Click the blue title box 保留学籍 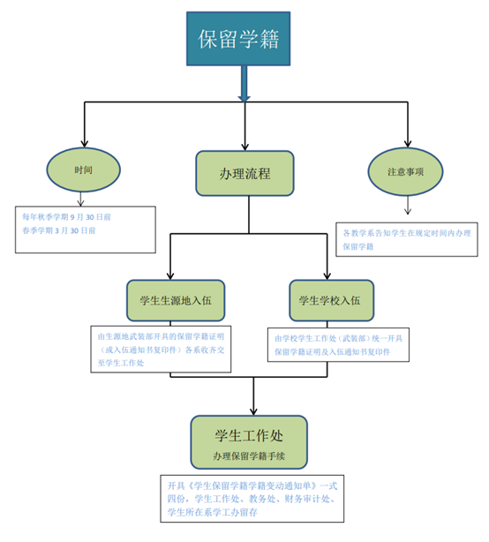pos(238,39)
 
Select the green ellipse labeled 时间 pos(83,169)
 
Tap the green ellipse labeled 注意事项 pos(405,172)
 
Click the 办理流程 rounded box pos(244,173)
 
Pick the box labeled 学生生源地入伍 pos(176,300)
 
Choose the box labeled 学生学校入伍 pos(331,300)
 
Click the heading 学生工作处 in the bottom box pos(249,435)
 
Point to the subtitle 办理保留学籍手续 pos(249,456)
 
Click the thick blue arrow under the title pos(244,84)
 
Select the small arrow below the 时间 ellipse pos(80,199)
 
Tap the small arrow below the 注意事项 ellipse pos(408,205)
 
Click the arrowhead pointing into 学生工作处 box pos(253,411)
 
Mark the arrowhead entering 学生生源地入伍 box pos(170,275)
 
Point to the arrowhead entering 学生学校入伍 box pos(327,275)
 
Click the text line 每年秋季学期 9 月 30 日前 pos(67,217)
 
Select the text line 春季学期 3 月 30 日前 pos(59,230)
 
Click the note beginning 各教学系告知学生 pos(407,239)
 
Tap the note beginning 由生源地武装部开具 pos(161,349)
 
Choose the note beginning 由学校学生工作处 pos(338,345)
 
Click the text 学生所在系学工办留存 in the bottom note pos(213,512)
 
